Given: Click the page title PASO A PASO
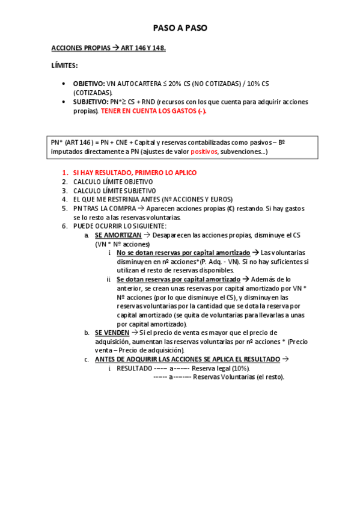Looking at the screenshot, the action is coord(180,28).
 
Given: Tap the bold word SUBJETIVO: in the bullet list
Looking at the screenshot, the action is coord(91,102).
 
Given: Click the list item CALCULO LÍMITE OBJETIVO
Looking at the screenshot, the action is coord(113,182).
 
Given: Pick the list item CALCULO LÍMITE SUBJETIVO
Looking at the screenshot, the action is coord(114,191).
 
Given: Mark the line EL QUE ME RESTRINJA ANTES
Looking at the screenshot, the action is coord(153,199).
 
